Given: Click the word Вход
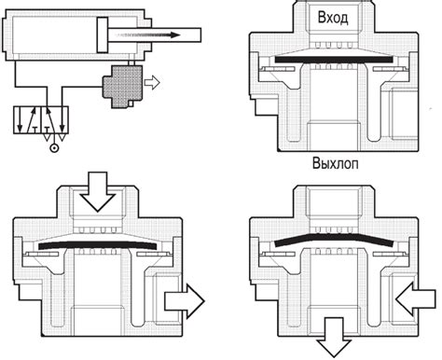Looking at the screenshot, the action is (x=333, y=18).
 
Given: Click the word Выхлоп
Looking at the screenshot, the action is (x=335, y=163).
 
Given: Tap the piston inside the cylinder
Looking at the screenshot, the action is (x=103, y=35).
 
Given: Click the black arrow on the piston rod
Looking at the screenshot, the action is (x=147, y=35).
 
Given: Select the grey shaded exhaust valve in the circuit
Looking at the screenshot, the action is (x=122, y=86).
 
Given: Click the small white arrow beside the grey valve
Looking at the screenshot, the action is (x=152, y=83).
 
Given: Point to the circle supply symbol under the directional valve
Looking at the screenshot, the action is (x=54, y=148).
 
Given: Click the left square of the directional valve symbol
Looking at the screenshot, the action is (x=27, y=120).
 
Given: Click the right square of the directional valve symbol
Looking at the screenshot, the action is (x=55, y=120).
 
